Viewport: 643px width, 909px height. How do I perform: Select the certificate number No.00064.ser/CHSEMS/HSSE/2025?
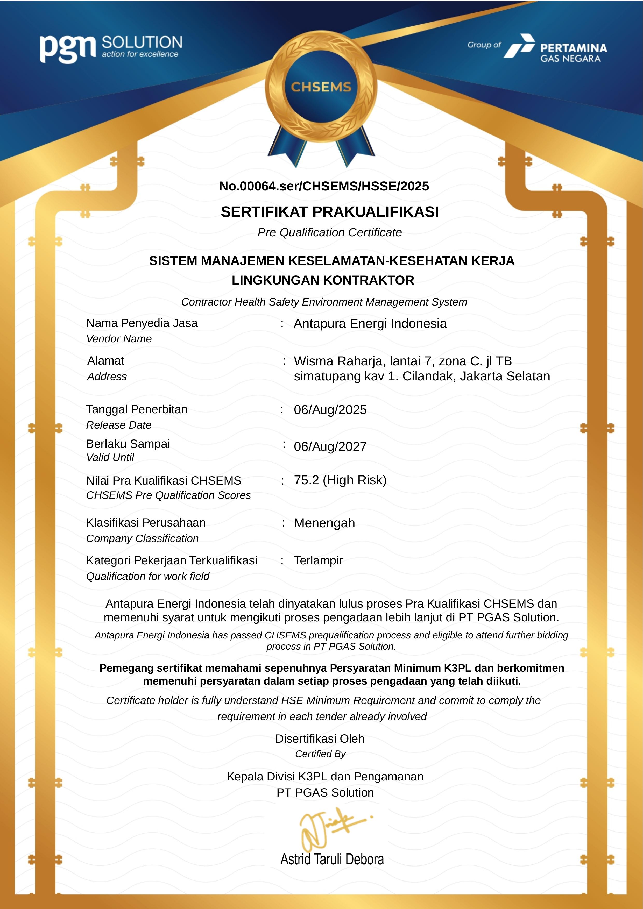click(x=324, y=186)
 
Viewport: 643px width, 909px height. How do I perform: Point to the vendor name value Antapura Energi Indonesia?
click(x=370, y=323)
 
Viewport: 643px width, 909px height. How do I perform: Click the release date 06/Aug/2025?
click(x=330, y=410)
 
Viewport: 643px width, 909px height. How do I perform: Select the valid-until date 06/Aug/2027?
click(x=330, y=446)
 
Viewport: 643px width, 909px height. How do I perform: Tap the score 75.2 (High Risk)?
click(x=340, y=480)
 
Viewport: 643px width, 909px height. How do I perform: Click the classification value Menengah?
click(x=324, y=523)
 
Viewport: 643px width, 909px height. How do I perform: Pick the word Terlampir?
click(x=318, y=560)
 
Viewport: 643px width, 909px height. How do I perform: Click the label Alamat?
click(x=106, y=361)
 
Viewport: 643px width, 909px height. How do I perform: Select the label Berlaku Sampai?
click(x=128, y=444)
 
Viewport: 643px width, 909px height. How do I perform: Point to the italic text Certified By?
click(x=320, y=754)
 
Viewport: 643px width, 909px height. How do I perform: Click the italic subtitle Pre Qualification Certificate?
click(x=329, y=232)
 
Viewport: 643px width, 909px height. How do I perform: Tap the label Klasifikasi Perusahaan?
click(x=146, y=523)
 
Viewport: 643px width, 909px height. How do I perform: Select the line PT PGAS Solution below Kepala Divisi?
click(x=325, y=793)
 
